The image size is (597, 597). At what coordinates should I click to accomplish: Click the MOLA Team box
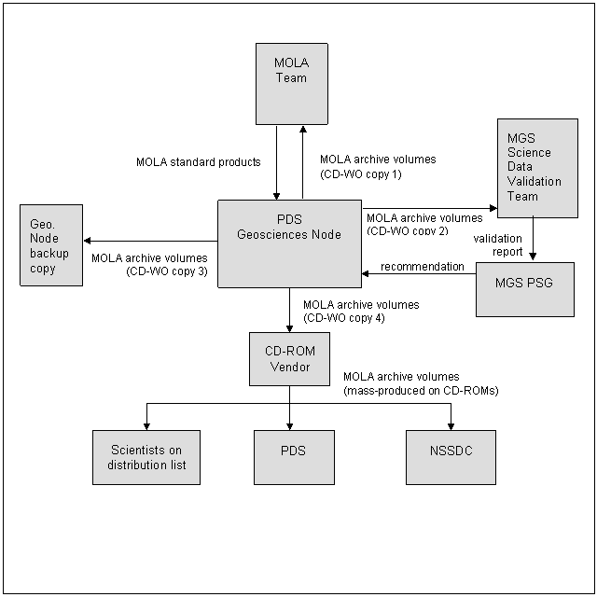(x=292, y=84)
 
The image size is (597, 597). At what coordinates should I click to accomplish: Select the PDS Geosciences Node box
(x=289, y=243)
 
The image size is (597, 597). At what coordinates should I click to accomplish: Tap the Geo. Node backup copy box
(x=51, y=245)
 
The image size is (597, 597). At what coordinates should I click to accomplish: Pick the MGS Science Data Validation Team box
(x=537, y=168)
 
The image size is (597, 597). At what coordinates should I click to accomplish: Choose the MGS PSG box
(x=525, y=289)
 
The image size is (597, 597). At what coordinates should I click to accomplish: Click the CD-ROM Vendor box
(x=289, y=359)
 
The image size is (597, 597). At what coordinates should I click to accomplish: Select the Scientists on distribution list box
(x=146, y=457)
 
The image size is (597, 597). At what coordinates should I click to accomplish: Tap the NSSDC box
(x=451, y=457)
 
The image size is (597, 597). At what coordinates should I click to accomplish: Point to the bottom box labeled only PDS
(x=294, y=457)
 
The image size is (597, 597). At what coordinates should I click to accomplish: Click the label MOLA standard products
(x=199, y=162)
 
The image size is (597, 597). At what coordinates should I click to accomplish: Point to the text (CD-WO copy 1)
(x=361, y=174)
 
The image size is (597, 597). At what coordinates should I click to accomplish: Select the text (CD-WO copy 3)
(x=167, y=271)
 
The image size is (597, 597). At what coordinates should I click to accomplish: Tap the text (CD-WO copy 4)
(x=344, y=318)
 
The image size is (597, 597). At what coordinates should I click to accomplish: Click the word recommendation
(x=423, y=267)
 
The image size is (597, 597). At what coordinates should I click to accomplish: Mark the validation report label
(x=498, y=244)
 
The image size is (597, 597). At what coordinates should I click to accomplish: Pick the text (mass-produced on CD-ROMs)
(x=421, y=391)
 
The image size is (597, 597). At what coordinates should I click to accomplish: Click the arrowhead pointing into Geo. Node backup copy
(x=87, y=241)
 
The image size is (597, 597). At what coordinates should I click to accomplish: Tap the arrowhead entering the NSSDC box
(x=451, y=426)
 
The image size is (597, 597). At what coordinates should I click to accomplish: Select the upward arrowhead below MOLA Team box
(x=303, y=130)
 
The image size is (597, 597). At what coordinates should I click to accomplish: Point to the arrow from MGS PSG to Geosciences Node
(x=419, y=273)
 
